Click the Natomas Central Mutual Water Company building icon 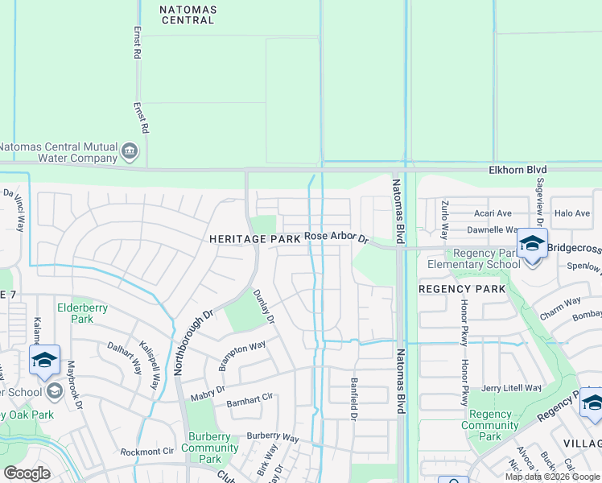point(130,151)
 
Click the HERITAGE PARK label point(254,239)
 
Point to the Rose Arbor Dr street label point(336,237)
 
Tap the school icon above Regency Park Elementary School point(532,243)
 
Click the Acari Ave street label point(492,213)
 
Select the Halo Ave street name point(572,213)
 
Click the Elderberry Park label point(76,312)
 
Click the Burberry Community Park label point(209,448)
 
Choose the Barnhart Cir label point(250,399)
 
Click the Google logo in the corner point(27,473)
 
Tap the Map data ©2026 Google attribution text point(552,477)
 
